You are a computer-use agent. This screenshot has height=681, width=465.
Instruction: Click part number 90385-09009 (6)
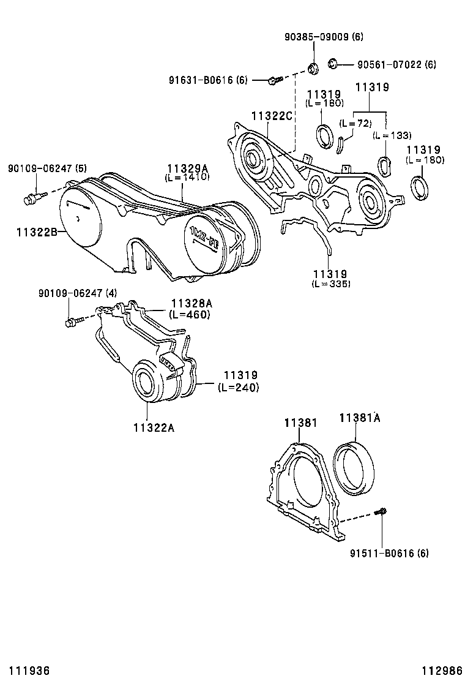(x=324, y=37)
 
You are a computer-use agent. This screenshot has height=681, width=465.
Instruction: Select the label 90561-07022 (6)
(x=396, y=64)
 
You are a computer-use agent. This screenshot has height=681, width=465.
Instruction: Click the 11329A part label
(x=188, y=168)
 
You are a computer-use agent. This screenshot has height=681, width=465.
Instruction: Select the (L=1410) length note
(x=187, y=177)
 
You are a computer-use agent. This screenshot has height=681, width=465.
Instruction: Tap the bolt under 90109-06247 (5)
(x=31, y=198)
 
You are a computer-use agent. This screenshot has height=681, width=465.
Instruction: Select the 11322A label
(x=153, y=427)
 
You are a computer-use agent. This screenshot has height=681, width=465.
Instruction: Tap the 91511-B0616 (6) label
(x=389, y=554)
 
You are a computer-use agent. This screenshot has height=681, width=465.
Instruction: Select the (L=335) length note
(x=331, y=284)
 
